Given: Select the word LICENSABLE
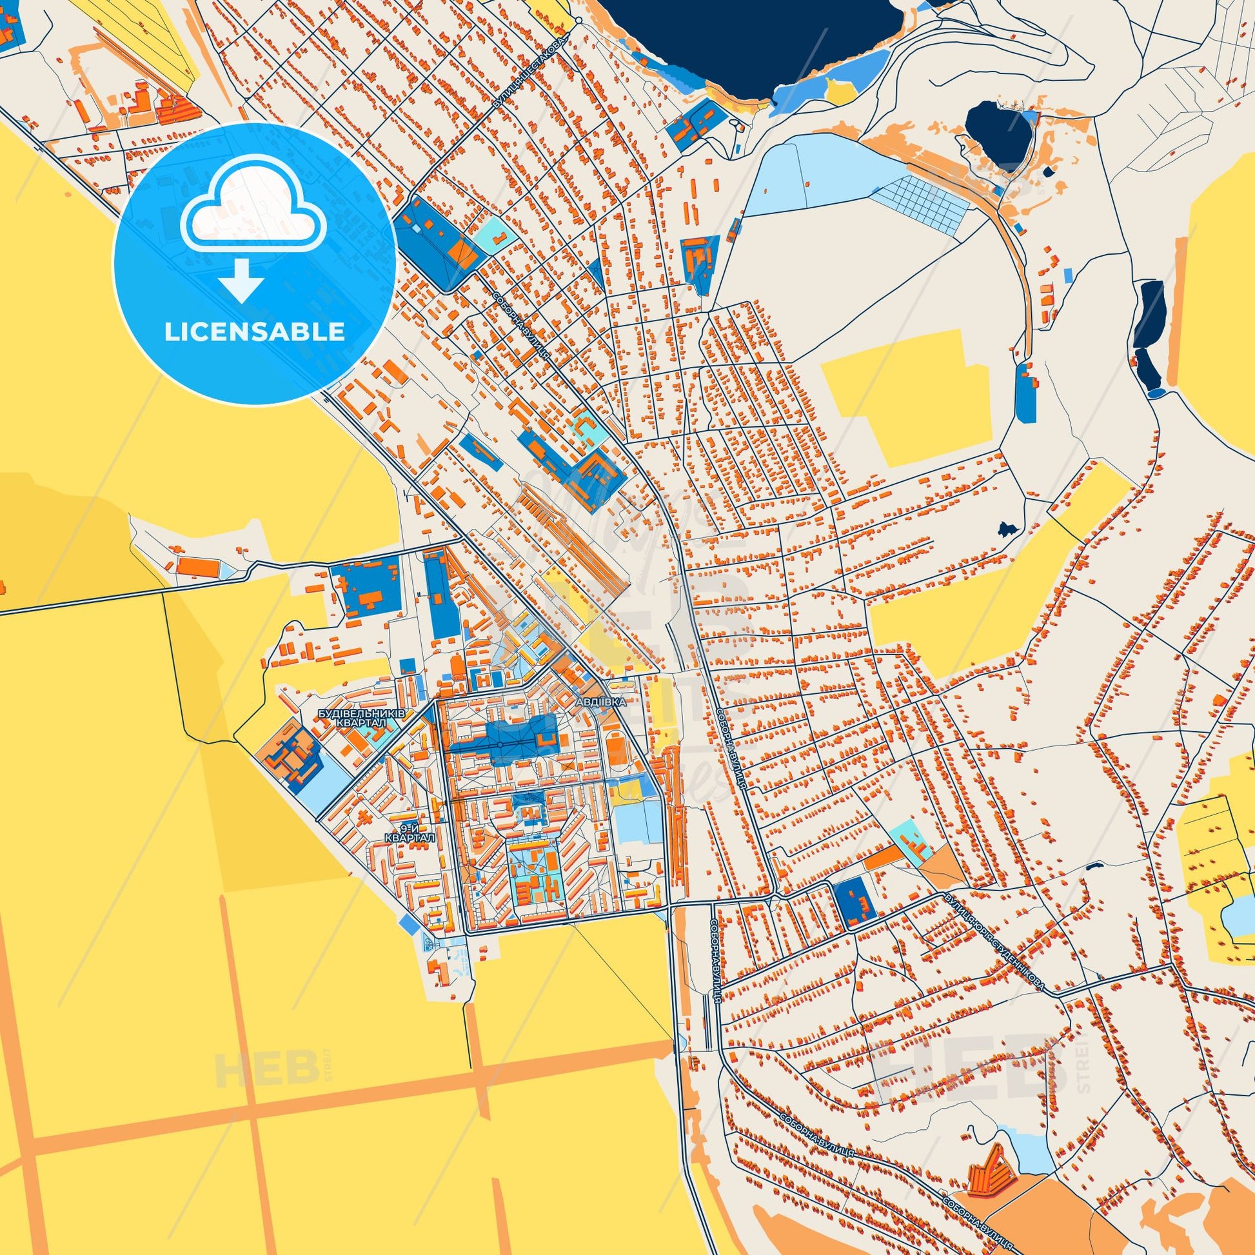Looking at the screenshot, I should [x=254, y=332].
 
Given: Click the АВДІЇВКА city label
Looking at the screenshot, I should [x=604, y=703].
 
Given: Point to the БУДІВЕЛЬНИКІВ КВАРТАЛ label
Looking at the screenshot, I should [x=361, y=718].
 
